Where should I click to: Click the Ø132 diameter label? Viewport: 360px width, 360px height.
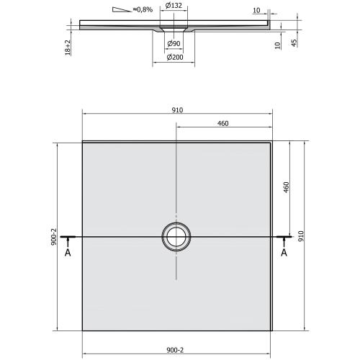(173, 6)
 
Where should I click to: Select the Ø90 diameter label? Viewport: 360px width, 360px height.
(173, 45)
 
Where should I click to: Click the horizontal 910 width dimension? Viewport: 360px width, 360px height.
(176, 109)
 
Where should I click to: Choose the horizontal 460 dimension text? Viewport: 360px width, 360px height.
(222, 125)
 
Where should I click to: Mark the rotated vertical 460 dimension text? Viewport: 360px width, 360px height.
(287, 189)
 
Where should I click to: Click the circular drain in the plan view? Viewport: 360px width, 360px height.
(176, 235)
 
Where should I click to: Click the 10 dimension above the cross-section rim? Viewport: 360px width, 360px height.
(257, 11)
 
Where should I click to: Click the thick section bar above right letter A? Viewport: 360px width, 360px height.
(283, 236)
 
